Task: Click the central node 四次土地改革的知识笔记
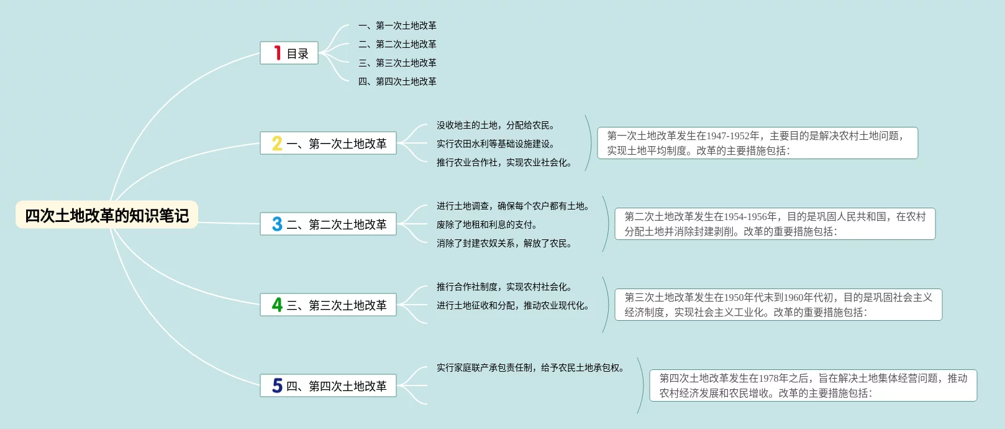click(x=107, y=215)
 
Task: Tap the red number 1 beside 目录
click(x=277, y=53)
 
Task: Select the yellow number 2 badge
click(x=277, y=144)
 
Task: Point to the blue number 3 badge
click(x=277, y=224)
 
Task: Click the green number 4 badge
click(x=277, y=305)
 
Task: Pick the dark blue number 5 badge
click(x=277, y=386)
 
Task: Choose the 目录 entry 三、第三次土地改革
click(x=398, y=63)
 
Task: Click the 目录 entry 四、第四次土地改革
click(x=398, y=81)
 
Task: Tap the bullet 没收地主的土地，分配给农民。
click(x=495, y=125)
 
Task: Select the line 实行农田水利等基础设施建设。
click(x=495, y=144)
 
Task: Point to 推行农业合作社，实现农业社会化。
click(x=504, y=162)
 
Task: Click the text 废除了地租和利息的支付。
click(x=486, y=224)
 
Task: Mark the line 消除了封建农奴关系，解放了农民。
click(x=504, y=243)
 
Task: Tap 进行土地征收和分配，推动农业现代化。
click(x=512, y=305)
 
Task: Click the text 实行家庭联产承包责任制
click(x=484, y=367)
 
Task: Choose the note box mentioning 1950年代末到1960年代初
click(x=778, y=305)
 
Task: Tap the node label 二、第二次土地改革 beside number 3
click(x=347, y=224)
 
